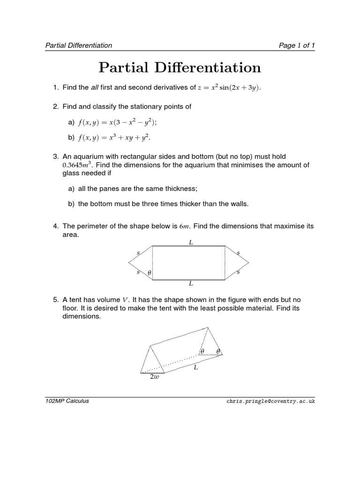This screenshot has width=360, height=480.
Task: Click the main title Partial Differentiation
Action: click(x=180, y=67)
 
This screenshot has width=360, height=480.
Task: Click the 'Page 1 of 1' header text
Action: click(x=297, y=45)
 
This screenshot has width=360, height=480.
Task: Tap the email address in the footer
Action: click(x=270, y=402)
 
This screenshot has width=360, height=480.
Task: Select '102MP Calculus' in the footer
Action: click(x=67, y=401)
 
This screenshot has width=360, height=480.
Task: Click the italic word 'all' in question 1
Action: click(x=94, y=87)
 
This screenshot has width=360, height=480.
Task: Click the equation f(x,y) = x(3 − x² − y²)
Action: click(x=117, y=122)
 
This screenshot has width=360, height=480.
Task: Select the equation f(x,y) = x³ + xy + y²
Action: click(x=115, y=138)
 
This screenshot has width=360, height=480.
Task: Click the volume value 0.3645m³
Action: click(x=77, y=165)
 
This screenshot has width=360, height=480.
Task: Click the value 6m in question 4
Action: click(x=184, y=226)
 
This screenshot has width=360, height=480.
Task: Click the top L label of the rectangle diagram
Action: click(x=191, y=242)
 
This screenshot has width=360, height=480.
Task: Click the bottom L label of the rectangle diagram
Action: click(x=191, y=284)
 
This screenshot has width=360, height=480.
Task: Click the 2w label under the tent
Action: click(x=154, y=377)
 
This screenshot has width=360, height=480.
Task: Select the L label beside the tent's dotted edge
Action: click(x=196, y=367)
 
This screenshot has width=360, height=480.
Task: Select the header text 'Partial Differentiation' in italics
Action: click(x=78, y=45)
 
